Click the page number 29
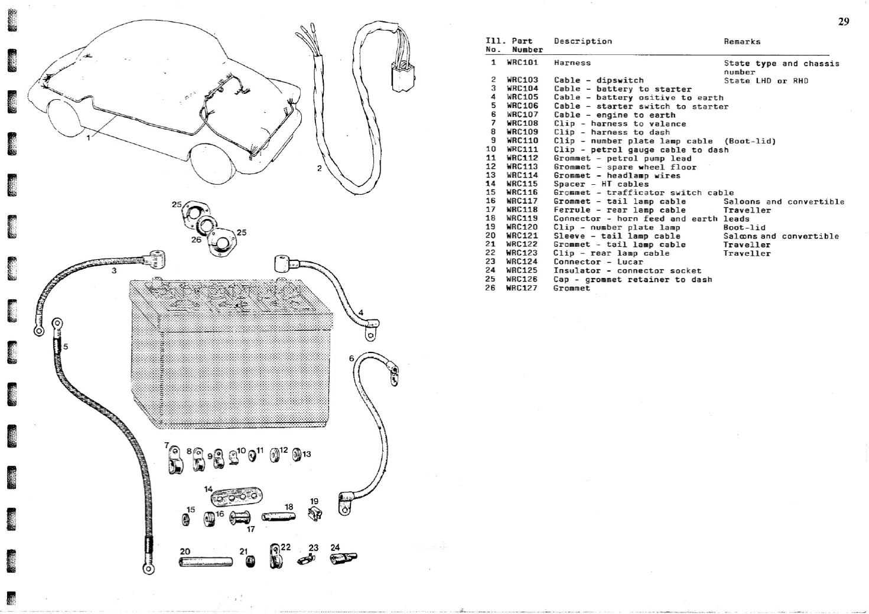(843, 22)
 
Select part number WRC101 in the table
(522, 63)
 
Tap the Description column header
(582, 41)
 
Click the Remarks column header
(742, 41)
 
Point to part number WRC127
(522, 288)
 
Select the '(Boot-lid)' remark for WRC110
(750, 141)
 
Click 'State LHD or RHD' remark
(766, 80)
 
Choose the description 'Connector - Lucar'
(598, 262)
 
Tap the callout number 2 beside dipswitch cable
(319, 168)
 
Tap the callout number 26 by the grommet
(196, 240)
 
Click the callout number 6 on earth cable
(351, 358)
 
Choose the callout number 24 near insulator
(335, 547)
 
